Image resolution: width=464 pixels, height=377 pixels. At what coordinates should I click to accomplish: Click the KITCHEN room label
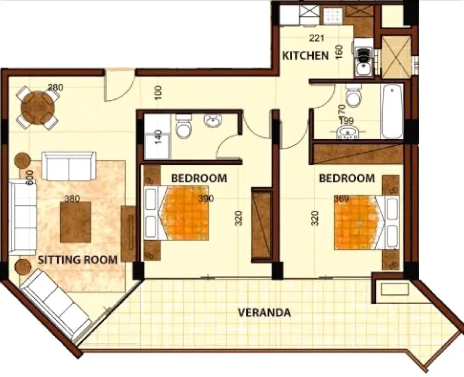click(305, 56)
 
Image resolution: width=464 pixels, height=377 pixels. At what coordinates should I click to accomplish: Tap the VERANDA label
click(264, 312)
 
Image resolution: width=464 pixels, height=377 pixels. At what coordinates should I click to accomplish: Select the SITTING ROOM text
click(77, 260)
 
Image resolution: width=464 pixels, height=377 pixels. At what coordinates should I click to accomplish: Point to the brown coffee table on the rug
click(76, 222)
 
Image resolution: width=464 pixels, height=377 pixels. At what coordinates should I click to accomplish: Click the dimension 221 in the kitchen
click(316, 38)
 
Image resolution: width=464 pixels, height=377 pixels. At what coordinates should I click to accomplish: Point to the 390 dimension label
click(206, 199)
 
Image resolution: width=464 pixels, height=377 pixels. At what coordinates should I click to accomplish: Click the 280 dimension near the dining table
click(55, 87)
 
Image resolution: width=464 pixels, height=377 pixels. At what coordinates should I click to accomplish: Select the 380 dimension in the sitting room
click(72, 199)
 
